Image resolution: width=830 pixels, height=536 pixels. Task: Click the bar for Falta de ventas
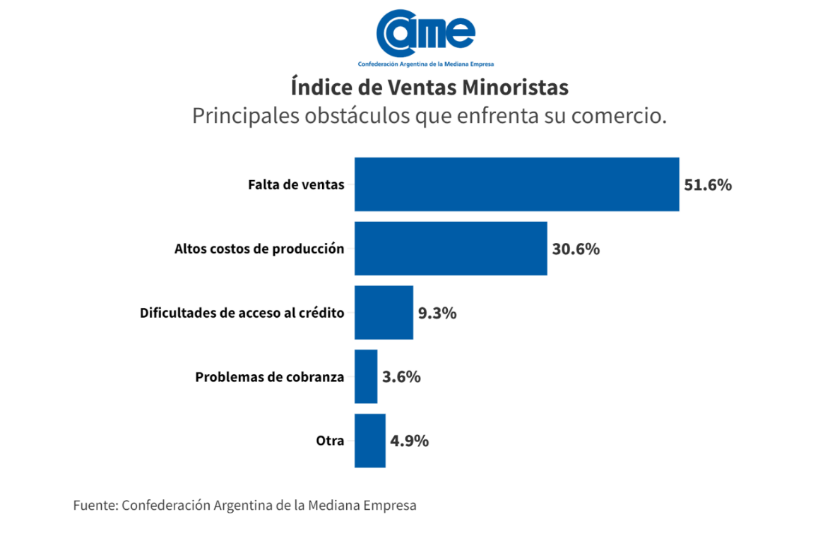pyautogui.click(x=516, y=184)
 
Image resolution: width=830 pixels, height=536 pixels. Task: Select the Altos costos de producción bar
pyautogui.click(x=451, y=249)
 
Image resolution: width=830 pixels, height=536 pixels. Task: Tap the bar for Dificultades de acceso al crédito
pyautogui.click(x=384, y=313)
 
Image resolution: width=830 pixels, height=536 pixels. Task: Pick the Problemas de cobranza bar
pyautogui.click(x=366, y=376)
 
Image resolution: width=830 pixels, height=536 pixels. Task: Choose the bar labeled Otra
pyautogui.click(x=370, y=441)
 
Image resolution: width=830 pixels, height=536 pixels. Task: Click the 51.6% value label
pyautogui.click(x=708, y=185)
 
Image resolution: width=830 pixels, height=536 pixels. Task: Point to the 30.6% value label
pyautogui.click(x=576, y=249)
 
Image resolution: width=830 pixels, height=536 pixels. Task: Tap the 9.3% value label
pyautogui.click(x=437, y=314)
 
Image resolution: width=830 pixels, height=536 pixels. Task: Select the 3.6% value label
pyautogui.click(x=401, y=377)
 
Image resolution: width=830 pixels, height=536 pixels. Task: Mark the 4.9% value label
pyautogui.click(x=410, y=441)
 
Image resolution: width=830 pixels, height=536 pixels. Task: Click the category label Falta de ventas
pyautogui.click(x=296, y=185)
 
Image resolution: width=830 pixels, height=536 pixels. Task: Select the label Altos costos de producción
pyautogui.click(x=259, y=249)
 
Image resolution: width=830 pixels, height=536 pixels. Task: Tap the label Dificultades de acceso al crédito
pyautogui.click(x=242, y=313)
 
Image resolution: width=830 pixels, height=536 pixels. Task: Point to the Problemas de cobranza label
pyautogui.click(x=270, y=377)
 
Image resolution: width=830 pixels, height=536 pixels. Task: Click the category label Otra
pyautogui.click(x=330, y=441)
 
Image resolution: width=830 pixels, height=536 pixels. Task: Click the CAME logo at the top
pyautogui.click(x=425, y=32)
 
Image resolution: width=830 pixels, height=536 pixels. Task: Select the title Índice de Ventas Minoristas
pyautogui.click(x=429, y=88)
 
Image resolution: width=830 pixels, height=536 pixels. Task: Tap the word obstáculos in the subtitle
pyautogui.click(x=357, y=115)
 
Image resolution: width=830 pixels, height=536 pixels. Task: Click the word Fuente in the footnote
pyautogui.click(x=94, y=506)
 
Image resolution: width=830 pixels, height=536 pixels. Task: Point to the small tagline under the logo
pyautogui.click(x=425, y=64)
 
